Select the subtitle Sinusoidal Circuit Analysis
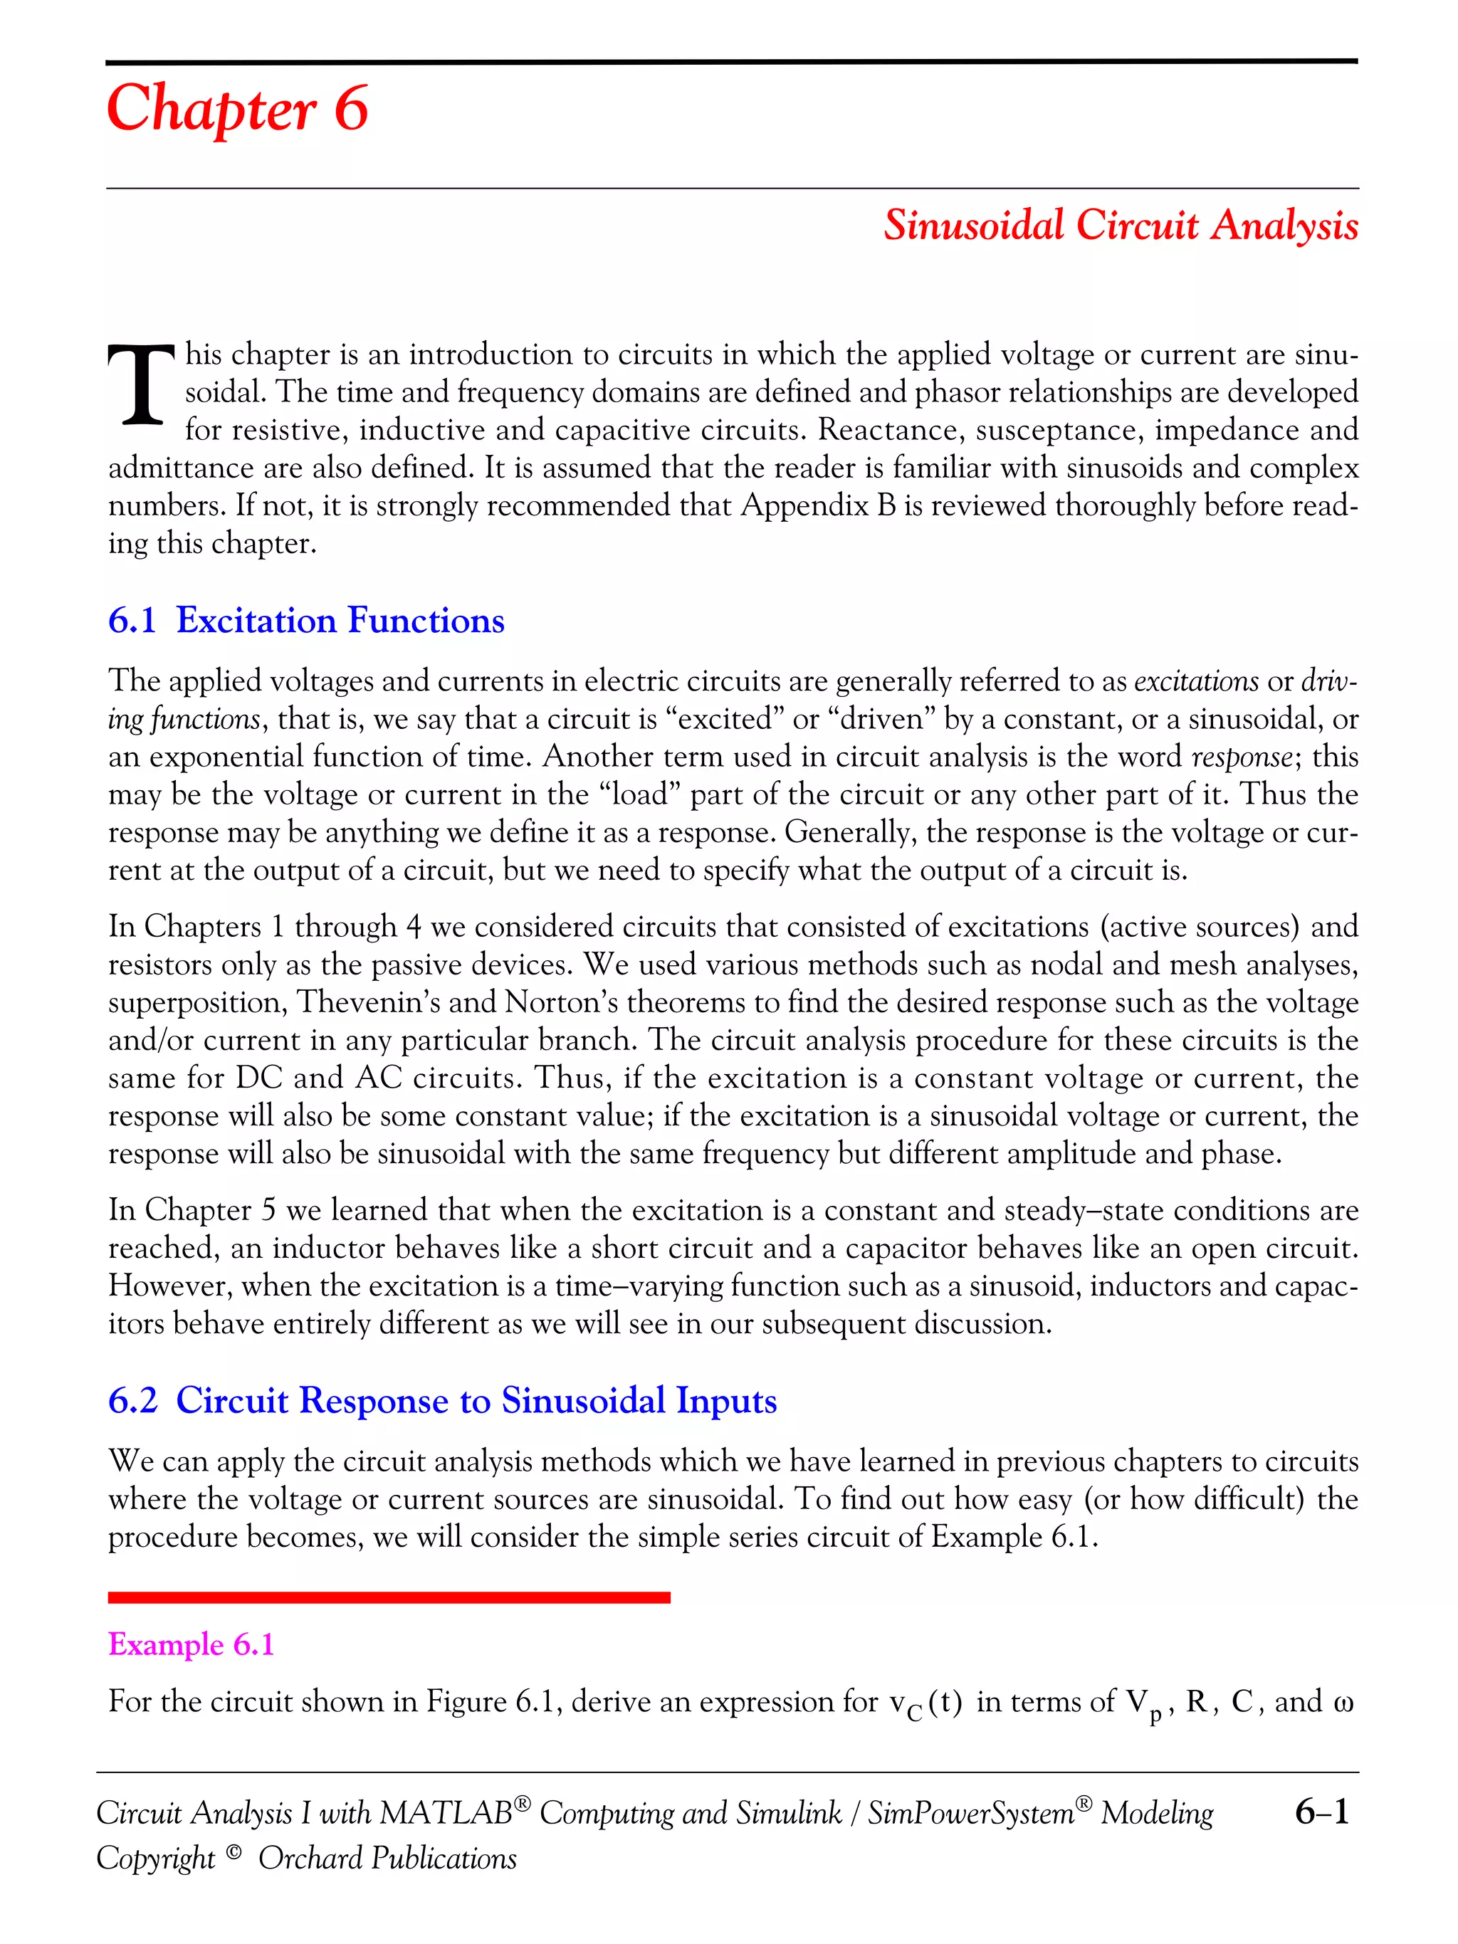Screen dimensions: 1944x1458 (x=1121, y=225)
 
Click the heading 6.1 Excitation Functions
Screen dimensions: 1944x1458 (x=306, y=621)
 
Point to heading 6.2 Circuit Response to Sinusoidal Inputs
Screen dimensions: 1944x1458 (x=442, y=1400)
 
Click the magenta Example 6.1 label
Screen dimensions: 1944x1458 (x=191, y=1644)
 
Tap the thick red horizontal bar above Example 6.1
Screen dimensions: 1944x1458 (x=389, y=1597)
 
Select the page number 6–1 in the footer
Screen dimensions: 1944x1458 (x=1321, y=1812)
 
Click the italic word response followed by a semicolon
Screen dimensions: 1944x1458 (x=1242, y=757)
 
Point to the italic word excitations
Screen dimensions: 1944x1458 (x=1197, y=681)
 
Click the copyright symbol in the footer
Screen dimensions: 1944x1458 (x=233, y=1854)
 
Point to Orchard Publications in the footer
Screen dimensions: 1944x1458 (x=387, y=1859)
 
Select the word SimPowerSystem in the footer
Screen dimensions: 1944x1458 (x=970, y=1814)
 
